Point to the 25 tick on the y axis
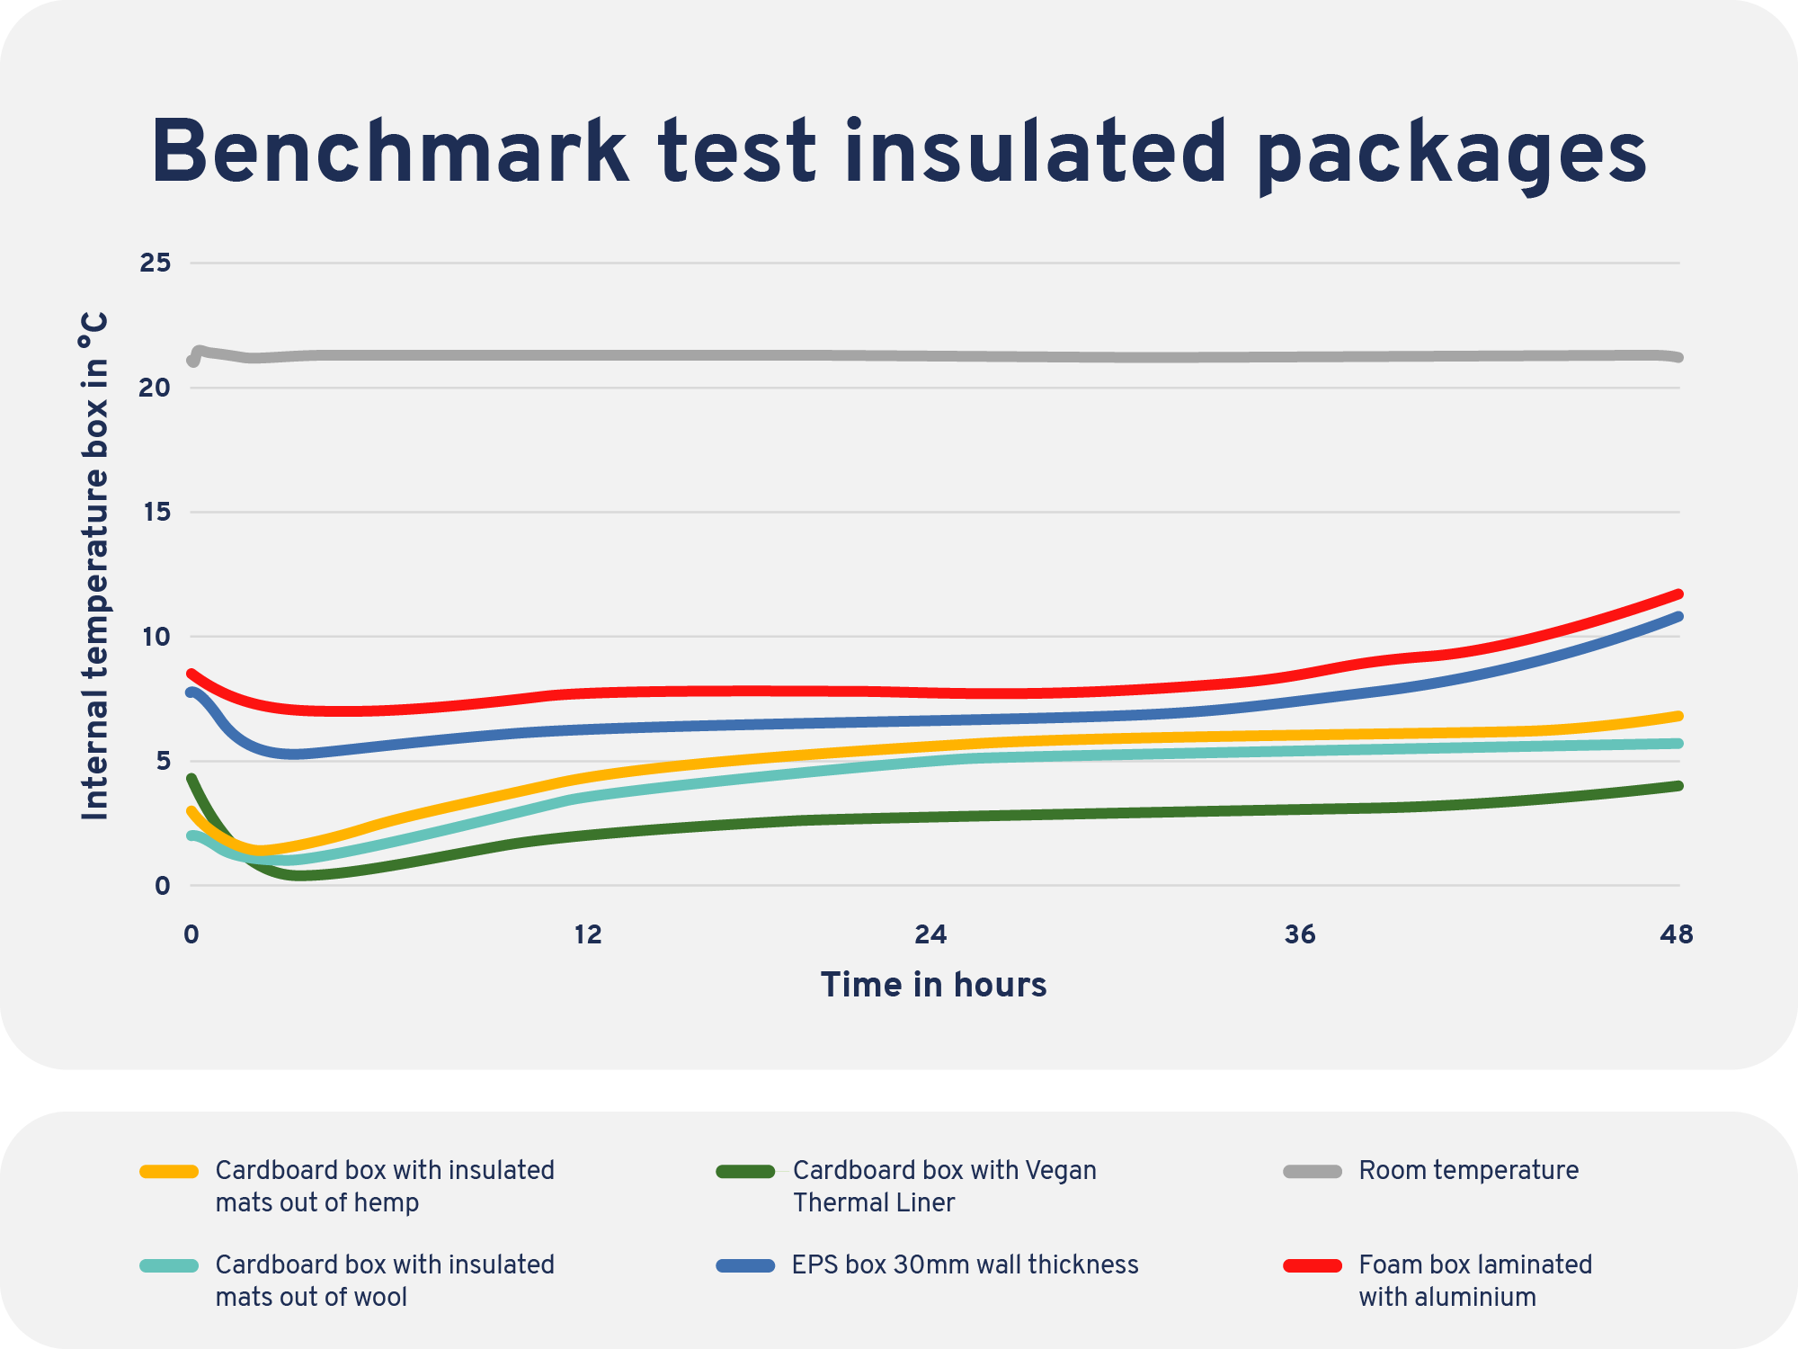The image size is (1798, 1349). point(155,263)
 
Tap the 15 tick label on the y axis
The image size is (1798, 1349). point(155,512)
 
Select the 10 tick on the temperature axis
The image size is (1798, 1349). point(155,637)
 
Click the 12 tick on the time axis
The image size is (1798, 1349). point(587,935)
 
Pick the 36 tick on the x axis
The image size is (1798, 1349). point(1300,935)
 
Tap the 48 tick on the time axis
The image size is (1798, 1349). point(1677,935)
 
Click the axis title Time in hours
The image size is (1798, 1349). point(933,985)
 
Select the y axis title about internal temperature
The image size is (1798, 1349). point(94,567)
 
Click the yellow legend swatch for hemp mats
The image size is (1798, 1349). point(169,1171)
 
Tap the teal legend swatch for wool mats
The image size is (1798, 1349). point(169,1265)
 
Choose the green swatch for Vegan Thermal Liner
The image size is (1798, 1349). point(745,1171)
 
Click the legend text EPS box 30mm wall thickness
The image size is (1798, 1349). point(965,1265)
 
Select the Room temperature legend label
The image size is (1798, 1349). point(1468,1171)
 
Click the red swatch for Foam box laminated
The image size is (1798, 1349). point(1313,1265)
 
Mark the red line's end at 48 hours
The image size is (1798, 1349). point(1678,594)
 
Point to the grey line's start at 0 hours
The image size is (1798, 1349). point(191,361)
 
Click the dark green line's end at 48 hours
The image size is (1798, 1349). point(1678,786)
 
